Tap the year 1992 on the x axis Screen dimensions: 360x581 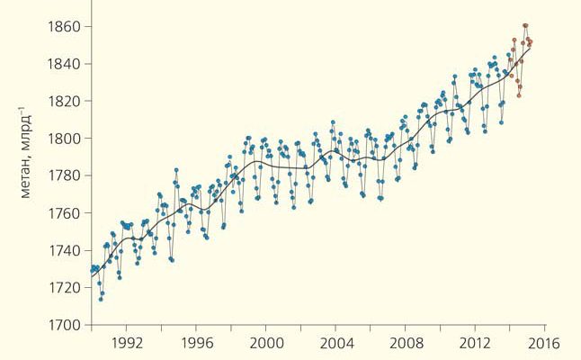125,343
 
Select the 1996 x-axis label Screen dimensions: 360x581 195,343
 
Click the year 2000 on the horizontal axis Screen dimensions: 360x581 265,343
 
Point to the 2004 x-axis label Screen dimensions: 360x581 335,343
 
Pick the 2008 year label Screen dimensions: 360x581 406,343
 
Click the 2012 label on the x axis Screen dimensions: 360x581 475,343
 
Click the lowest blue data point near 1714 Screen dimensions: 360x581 101,299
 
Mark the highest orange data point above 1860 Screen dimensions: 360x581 525,25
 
